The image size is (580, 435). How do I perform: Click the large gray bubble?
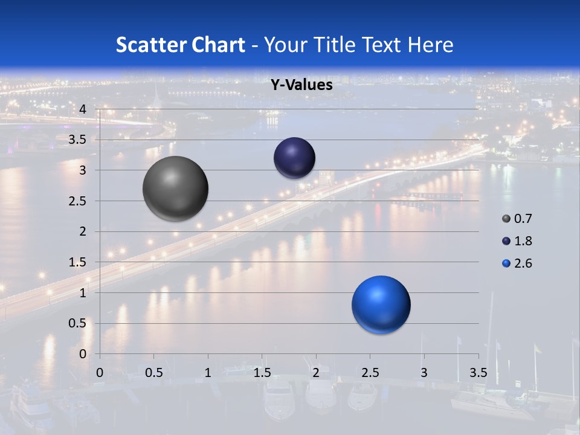point(176,188)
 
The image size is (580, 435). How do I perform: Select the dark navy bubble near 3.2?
point(295,158)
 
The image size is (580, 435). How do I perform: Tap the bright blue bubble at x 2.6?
point(381,304)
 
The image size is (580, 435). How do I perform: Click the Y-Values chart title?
point(301,85)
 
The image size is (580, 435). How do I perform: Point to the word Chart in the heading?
point(219,45)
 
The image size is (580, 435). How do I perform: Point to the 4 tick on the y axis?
point(83,109)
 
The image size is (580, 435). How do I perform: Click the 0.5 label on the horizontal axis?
point(154,373)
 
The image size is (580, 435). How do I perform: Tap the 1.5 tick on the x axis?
point(262,373)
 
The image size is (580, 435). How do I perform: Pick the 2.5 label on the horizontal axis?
point(370,373)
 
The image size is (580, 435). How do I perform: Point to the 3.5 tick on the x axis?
point(478,373)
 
